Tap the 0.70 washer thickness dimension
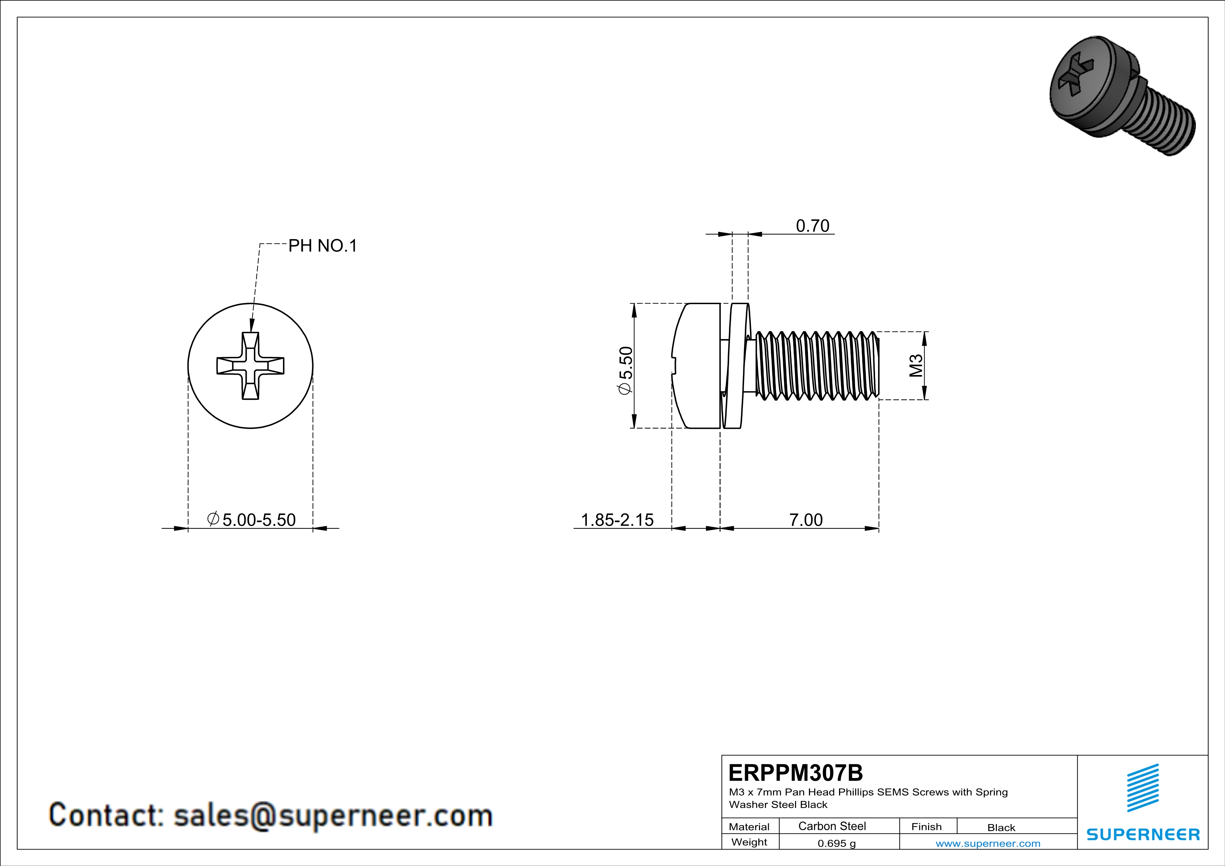(812, 226)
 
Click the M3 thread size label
(916, 366)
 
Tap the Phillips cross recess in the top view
(250, 366)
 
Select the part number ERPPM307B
(795, 772)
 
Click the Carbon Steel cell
(832, 826)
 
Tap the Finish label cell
(926, 827)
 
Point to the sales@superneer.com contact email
(333, 815)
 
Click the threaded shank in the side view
(816, 366)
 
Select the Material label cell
(749, 827)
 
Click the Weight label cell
(749, 842)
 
